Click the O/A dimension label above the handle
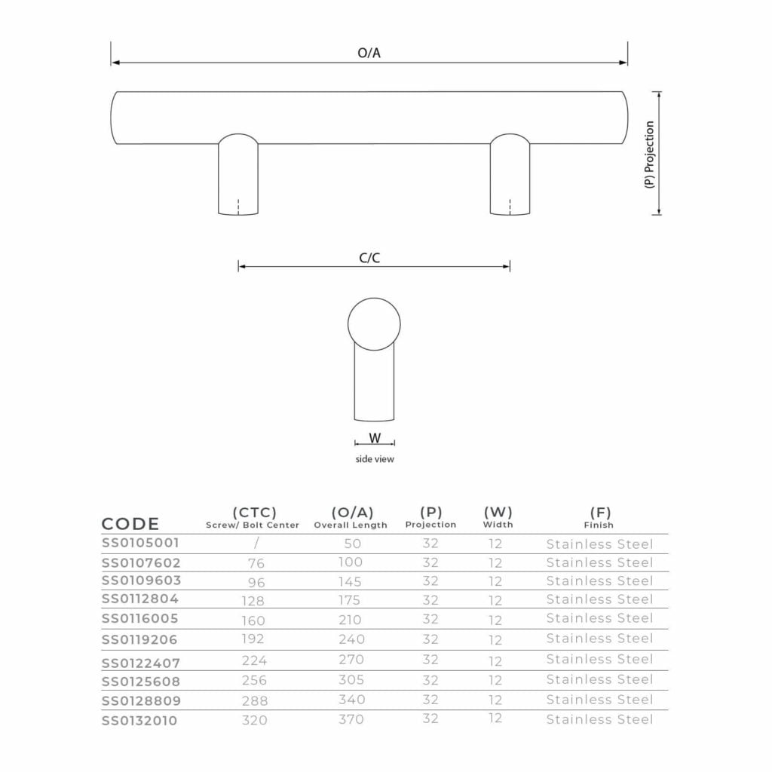(x=369, y=54)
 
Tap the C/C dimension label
(x=369, y=258)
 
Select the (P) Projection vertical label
(x=650, y=154)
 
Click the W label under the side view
(x=375, y=438)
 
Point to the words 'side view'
(x=375, y=458)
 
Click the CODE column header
(x=130, y=524)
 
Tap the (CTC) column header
(x=254, y=513)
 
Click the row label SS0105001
(x=141, y=543)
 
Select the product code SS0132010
(x=141, y=721)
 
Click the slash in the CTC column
(x=256, y=543)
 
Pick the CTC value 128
(x=254, y=600)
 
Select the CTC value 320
(x=254, y=720)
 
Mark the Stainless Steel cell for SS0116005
(x=599, y=618)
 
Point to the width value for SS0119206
(x=495, y=640)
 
